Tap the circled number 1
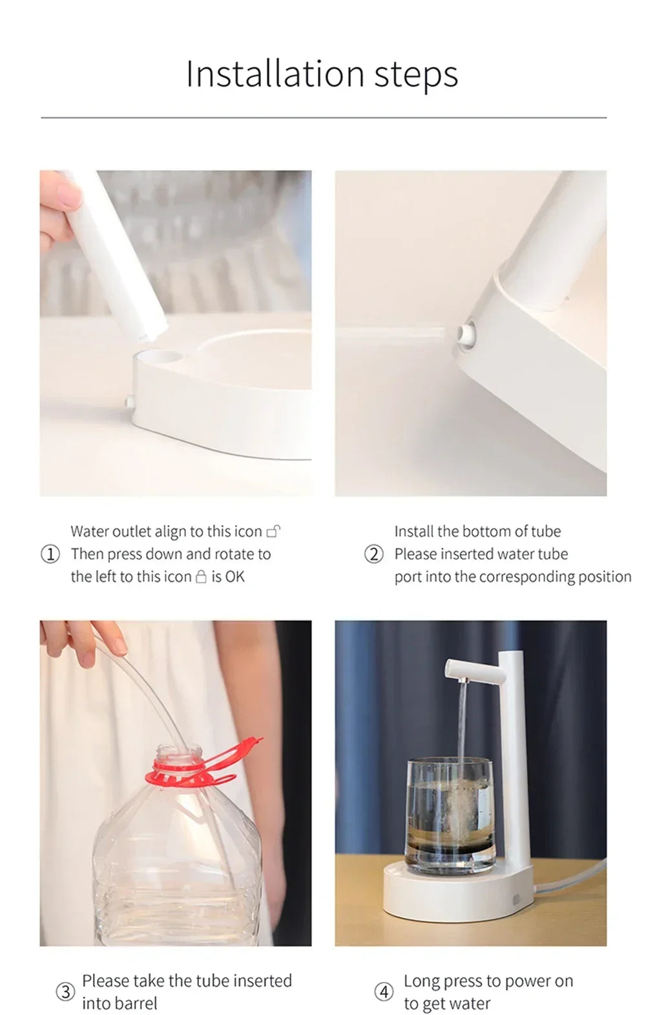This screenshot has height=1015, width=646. tap(50, 554)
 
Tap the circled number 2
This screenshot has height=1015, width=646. tap(374, 554)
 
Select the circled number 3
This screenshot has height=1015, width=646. tap(65, 991)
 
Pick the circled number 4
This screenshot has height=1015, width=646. tap(384, 991)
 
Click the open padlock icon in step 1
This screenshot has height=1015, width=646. tap(274, 532)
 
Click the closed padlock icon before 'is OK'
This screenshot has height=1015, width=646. tap(201, 576)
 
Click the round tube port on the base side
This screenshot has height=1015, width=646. tap(464, 334)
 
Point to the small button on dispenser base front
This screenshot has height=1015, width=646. tap(517, 899)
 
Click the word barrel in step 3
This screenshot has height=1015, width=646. tap(137, 1003)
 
